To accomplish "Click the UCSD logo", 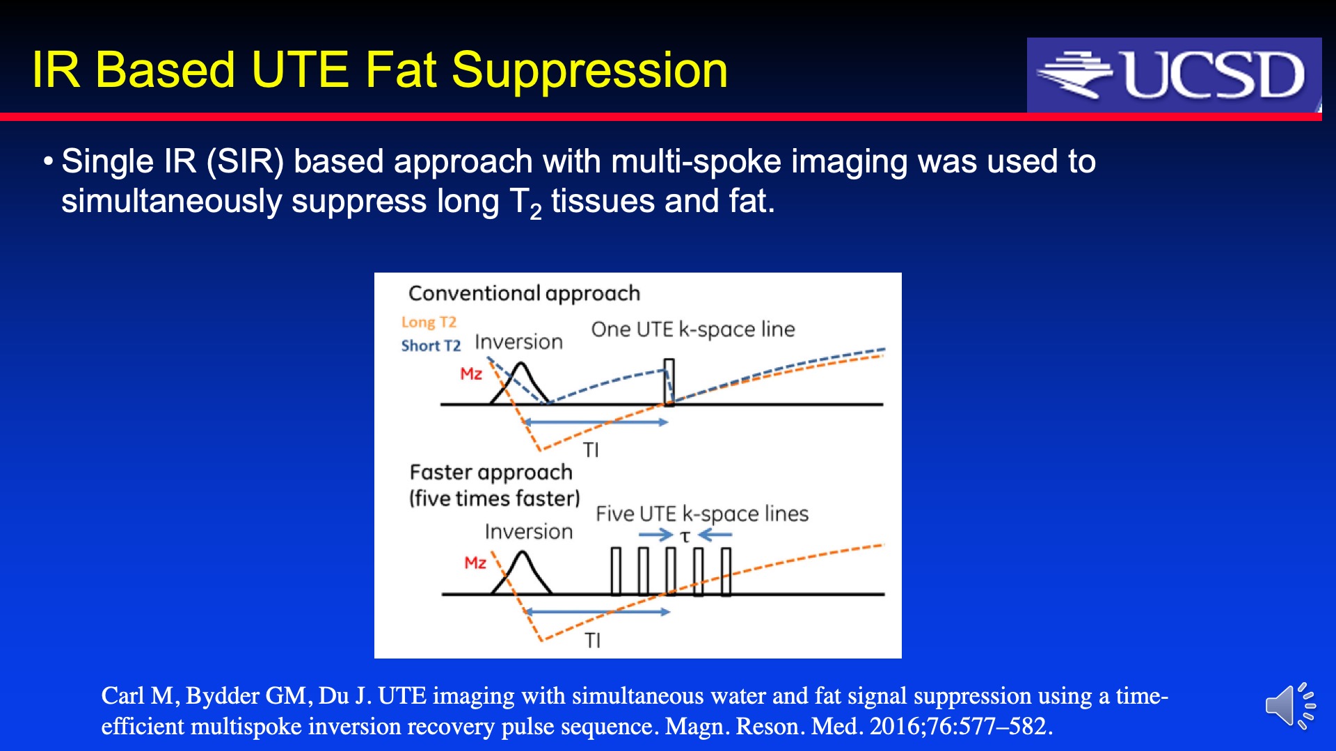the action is [1174, 75].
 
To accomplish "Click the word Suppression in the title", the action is [589, 70].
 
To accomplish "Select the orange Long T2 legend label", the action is [429, 322].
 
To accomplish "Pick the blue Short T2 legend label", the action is [431, 346].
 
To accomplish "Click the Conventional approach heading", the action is [524, 293].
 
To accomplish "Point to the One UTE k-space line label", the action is [693, 329].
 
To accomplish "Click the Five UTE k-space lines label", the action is [702, 514].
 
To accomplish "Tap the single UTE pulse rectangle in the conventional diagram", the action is [669, 382].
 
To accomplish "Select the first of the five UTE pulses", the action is [616, 572].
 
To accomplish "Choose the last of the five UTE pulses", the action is [726, 572].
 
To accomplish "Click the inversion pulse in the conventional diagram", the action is [520, 383].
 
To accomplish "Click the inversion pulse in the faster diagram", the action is [521, 573].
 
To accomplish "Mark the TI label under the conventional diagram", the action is [591, 450].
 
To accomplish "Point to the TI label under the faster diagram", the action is [592, 640].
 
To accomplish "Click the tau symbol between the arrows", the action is [685, 536].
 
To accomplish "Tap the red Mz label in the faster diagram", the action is [475, 563].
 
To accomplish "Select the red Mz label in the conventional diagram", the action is [471, 373].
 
